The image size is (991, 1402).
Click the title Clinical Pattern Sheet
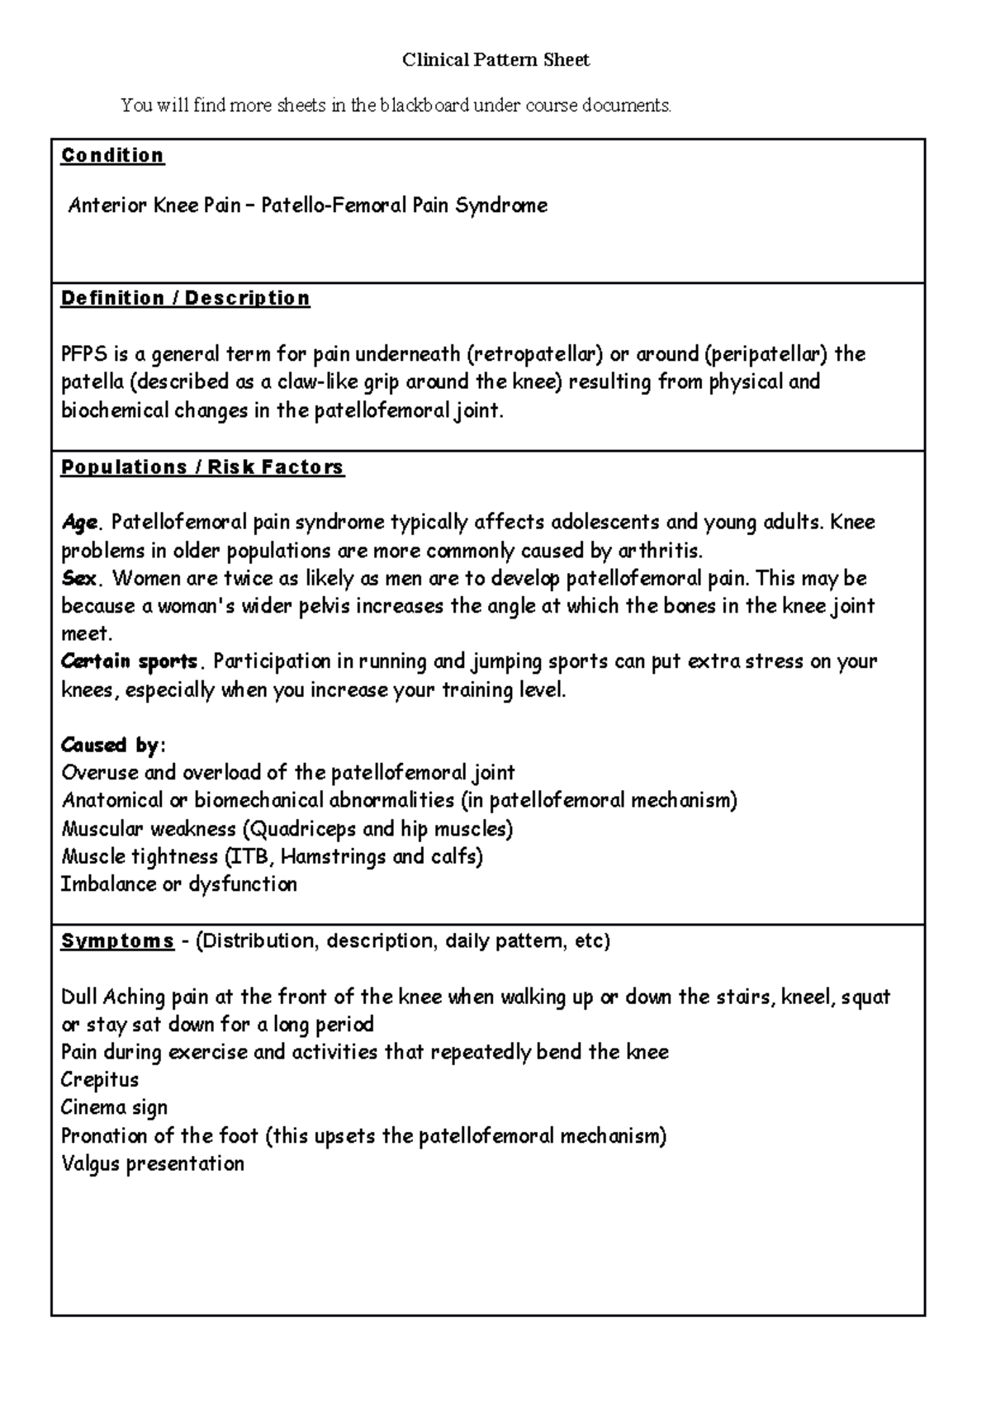click(495, 60)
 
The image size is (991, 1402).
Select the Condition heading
click(112, 155)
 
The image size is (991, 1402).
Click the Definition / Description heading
click(185, 298)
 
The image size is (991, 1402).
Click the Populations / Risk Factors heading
click(202, 467)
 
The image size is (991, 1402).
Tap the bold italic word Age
click(79, 523)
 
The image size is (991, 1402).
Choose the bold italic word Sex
click(78, 578)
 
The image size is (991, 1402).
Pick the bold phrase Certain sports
click(130, 661)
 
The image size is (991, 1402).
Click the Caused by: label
click(113, 745)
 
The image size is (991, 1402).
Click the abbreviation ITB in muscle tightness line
click(250, 856)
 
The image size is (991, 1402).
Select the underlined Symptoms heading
click(117, 941)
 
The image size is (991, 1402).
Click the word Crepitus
click(99, 1080)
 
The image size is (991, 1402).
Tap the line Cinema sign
click(114, 1107)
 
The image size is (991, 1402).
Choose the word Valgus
click(90, 1163)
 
